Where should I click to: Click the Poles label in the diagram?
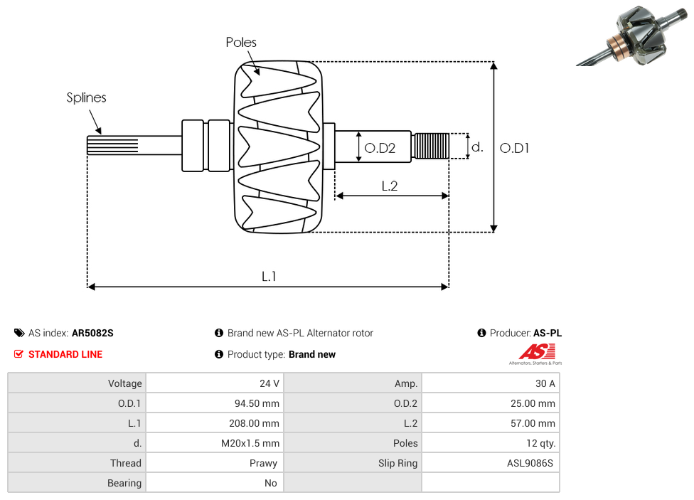click(x=241, y=43)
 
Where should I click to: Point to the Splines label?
click(x=86, y=97)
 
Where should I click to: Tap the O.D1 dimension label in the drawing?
click(x=514, y=148)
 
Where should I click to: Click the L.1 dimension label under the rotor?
click(x=269, y=276)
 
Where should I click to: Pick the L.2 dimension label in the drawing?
click(x=389, y=186)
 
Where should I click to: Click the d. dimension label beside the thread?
click(x=477, y=147)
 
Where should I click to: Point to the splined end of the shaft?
click(x=112, y=145)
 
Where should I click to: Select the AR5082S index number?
click(x=92, y=333)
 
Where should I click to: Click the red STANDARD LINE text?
click(x=65, y=354)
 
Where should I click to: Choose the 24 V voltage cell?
click(x=269, y=383)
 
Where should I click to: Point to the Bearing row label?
click(x=124, y=483)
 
